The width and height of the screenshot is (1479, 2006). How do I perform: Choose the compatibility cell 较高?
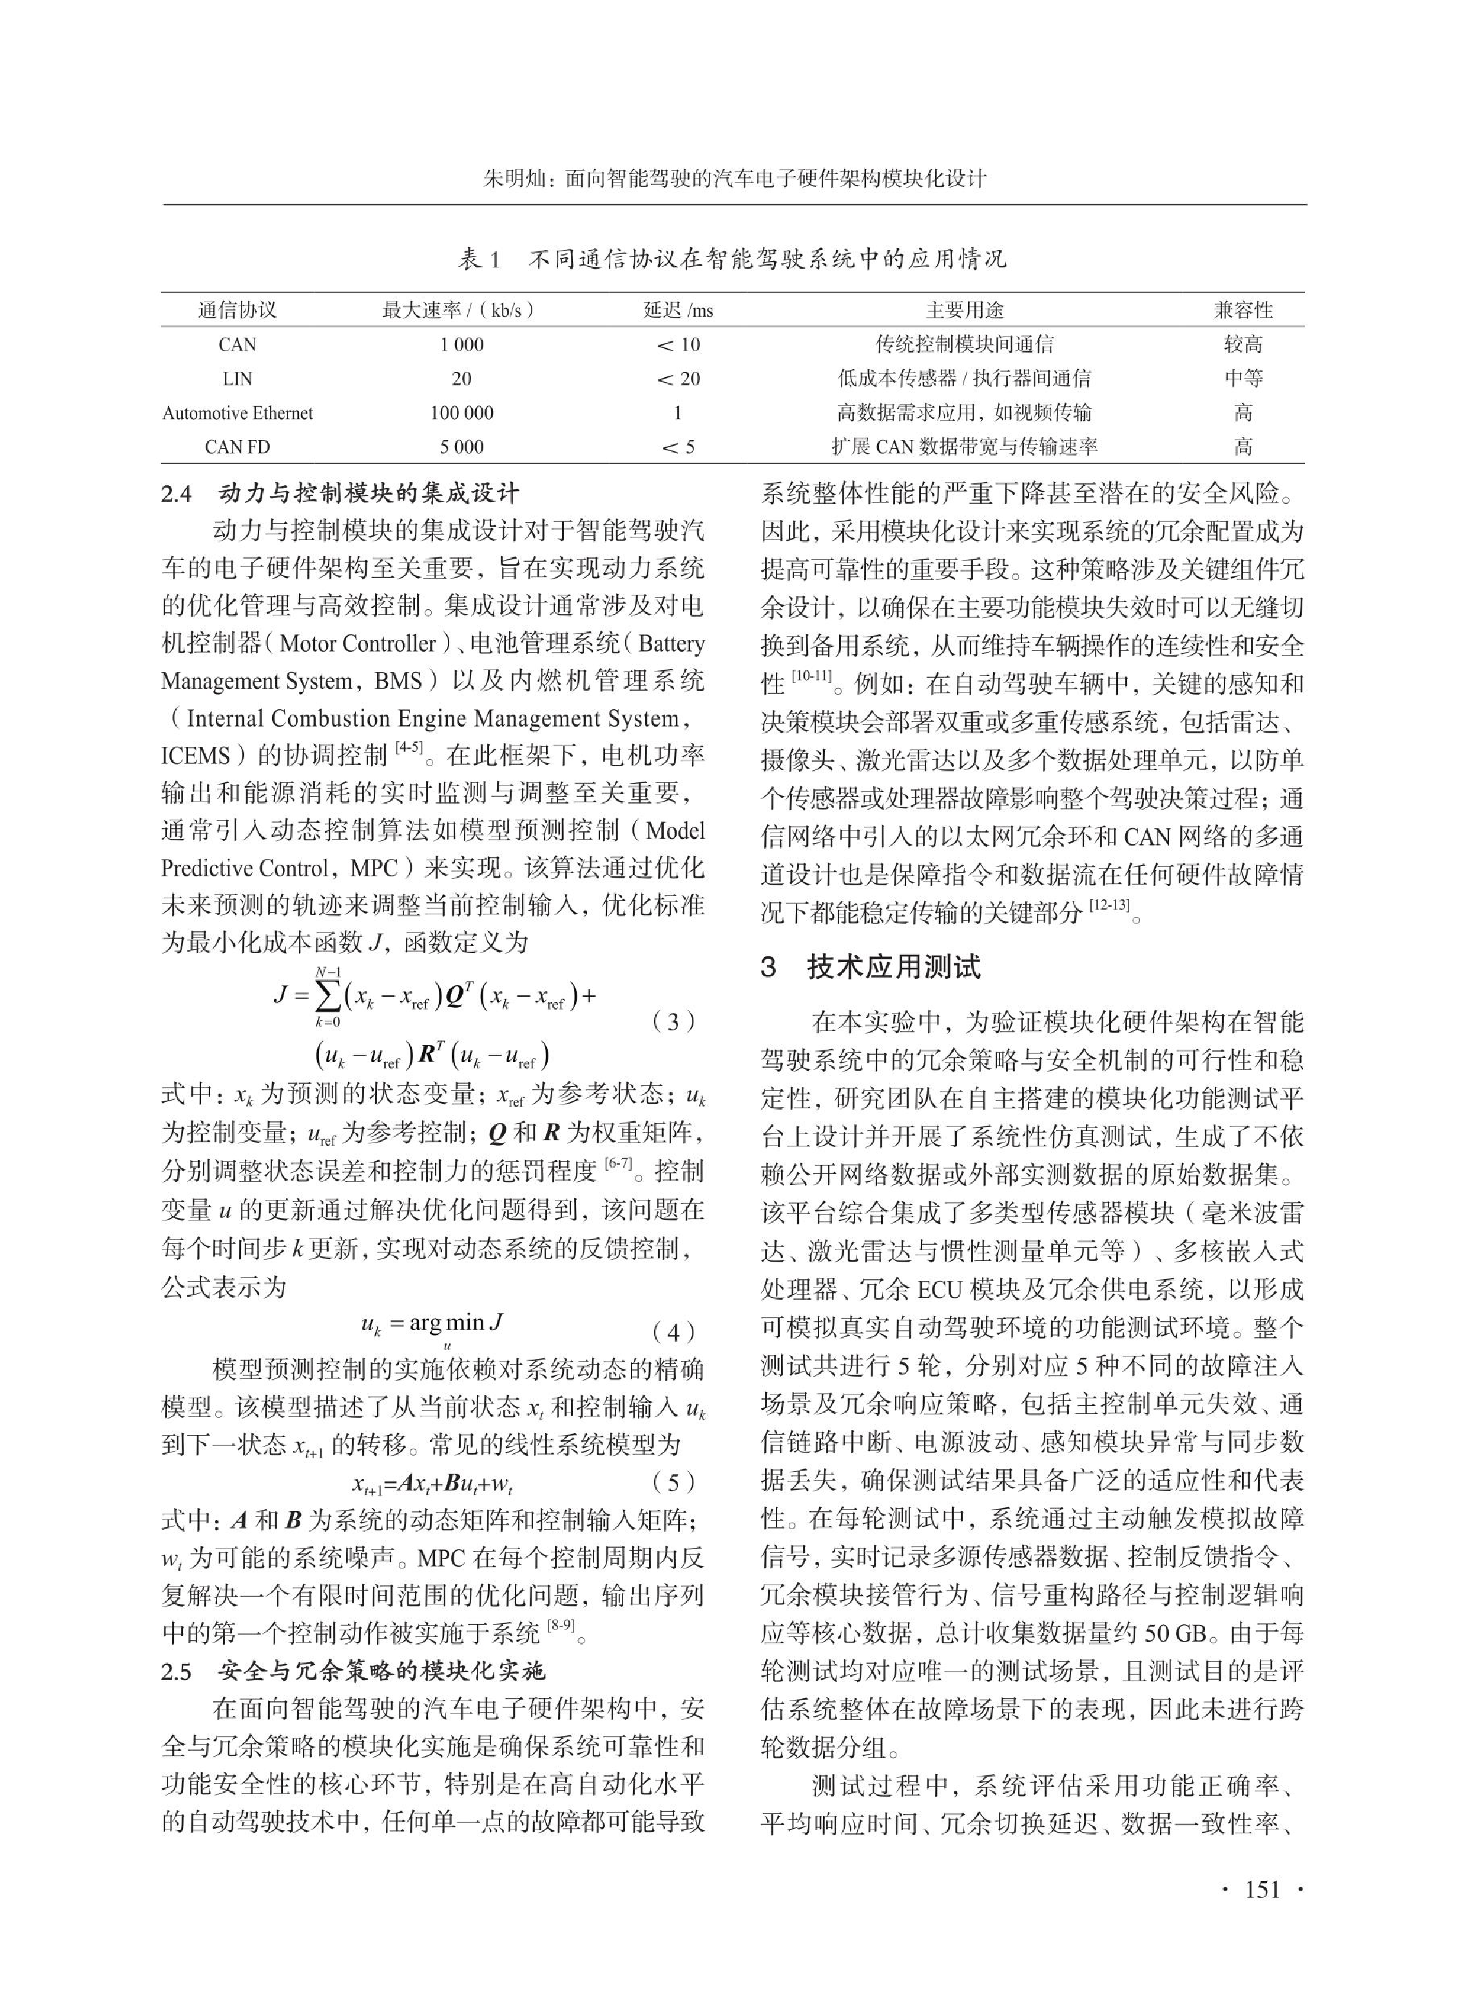pyautogui.click(x=1242, y=345)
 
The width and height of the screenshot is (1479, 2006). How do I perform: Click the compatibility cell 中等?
pyautogui.click(x=1242, y=379)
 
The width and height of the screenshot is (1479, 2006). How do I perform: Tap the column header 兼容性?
pyautogui.click(x=1242, y=311)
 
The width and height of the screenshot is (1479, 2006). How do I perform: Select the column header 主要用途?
pyautogui.click(x=964, y=311)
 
